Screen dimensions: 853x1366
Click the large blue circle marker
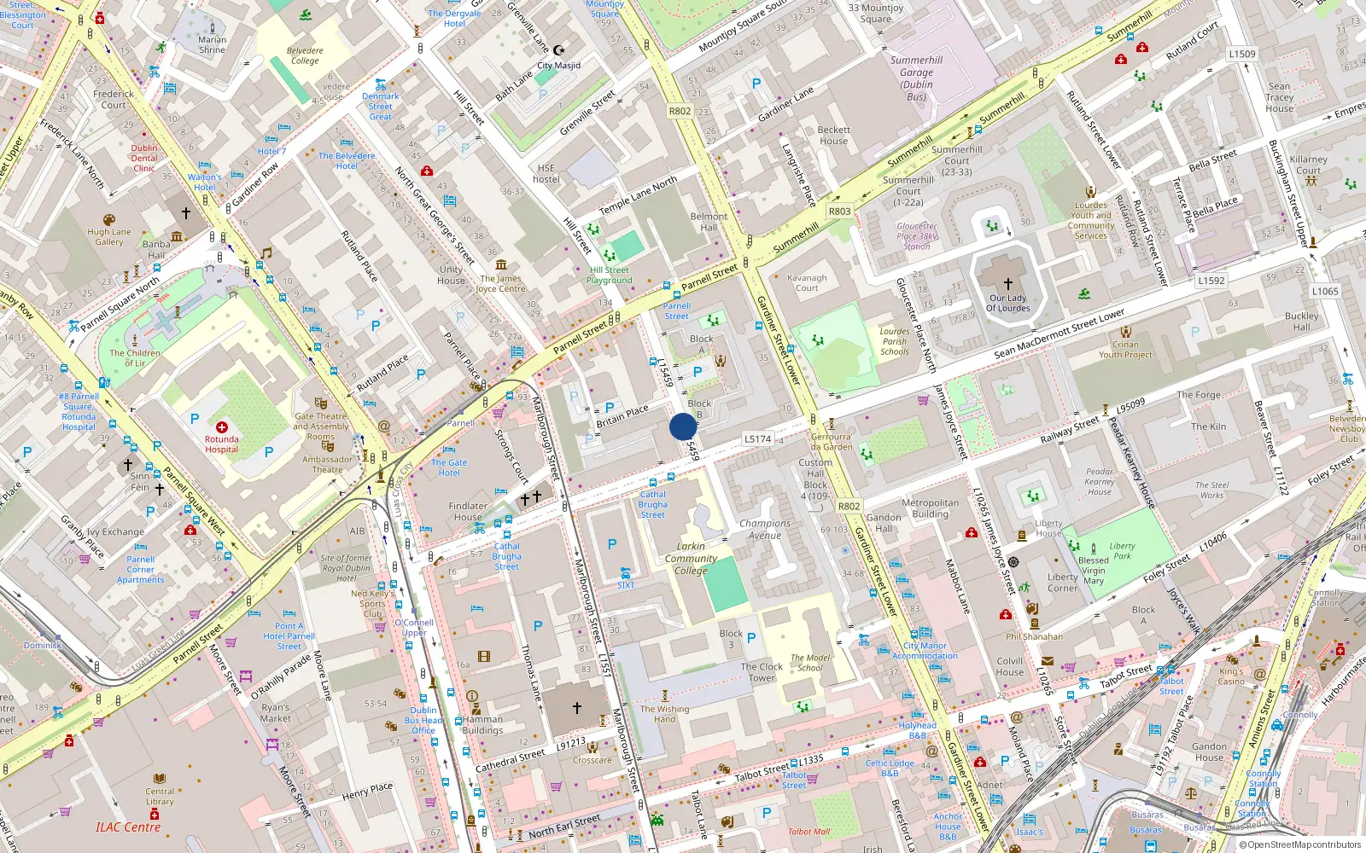(x=683, y=426)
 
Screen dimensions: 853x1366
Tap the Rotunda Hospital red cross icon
(x=222, y=426)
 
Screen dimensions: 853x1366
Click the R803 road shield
(x=839, y=211)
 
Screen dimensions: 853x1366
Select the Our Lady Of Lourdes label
(x=1008, y=304)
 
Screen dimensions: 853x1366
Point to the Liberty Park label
(x=1122, y=551)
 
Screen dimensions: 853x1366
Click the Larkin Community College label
(x=691, y=559)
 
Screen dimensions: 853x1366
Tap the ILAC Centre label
(x=128, y=827)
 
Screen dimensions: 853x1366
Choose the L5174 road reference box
(x=757, y=439)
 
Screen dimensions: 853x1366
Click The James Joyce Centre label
(x=501, y=283)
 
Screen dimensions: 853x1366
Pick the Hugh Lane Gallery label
(x=109, y=236)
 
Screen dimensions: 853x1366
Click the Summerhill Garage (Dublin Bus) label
(x=916, y=78)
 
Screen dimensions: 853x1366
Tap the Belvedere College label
(x=305, y=55)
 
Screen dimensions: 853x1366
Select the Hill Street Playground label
(x=610, y=275)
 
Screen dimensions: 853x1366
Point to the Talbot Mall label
(x=809, y=832)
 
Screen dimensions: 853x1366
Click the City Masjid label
(x=558, y=66)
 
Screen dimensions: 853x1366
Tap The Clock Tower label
(x=762, y=672)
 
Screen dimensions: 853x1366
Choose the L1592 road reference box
(x=1211, y=280)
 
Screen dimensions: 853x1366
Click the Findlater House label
(x=468, y=511)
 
